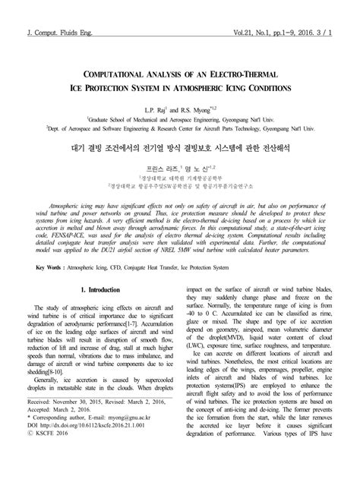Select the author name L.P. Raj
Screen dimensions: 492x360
pos(153,111)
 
